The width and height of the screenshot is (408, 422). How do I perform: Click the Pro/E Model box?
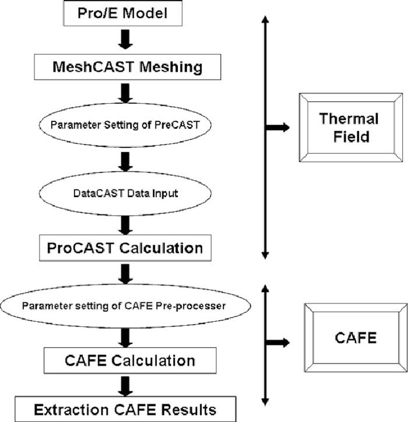click(x=125, y=12)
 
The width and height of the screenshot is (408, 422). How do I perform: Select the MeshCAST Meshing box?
click(x=126, y=66)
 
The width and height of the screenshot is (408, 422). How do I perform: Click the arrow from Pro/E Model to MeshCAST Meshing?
click(x=125, y=38)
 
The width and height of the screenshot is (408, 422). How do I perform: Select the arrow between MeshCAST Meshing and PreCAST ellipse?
click(x=125, y=93)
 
